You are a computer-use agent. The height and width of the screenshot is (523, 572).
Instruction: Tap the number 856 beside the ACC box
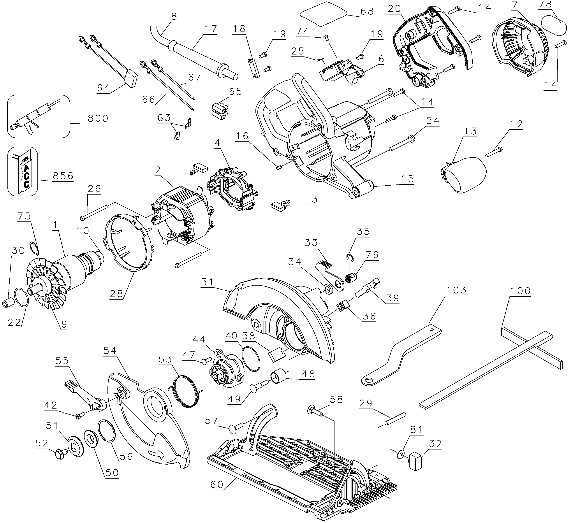coord(63,176)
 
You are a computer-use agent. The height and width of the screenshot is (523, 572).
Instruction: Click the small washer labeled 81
coord(401,456)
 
